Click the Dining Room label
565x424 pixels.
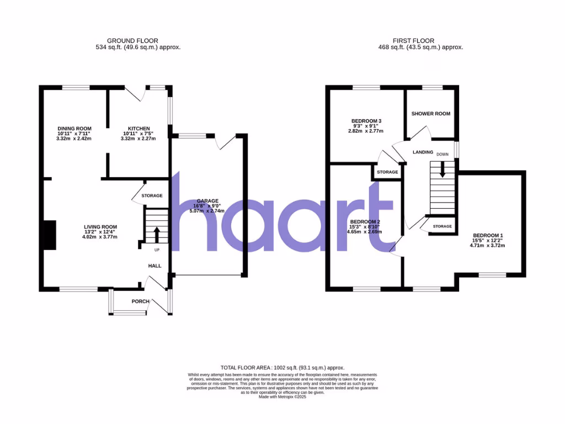pyautogui.click(x=73, y=128)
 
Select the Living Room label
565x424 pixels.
pyautogui.click(x=100, y=227)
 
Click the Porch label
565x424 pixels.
pyautogui.click(x=140, y=301)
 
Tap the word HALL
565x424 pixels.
pyautogui.click(x=154, y=266)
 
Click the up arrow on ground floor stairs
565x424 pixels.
pyautogui.click(x=156, y=234)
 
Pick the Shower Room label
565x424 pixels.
pyautogui.click(x=431, y=114)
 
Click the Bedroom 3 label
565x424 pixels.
pyautogui.click(x=366, y=121)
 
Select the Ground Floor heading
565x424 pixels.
pyautogui.click(x=132, y=40)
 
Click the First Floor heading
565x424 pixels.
pyautogui.click(x=413, y=40)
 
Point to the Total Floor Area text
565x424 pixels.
pyautogui.click(x=282, y=367)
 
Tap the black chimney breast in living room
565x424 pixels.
pyautogui.click(x=49, y=235)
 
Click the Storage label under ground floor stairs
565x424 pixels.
pyautogui.click(x=152, y=196)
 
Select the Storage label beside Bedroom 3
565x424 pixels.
pyautogui.click(x=387, y=172)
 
